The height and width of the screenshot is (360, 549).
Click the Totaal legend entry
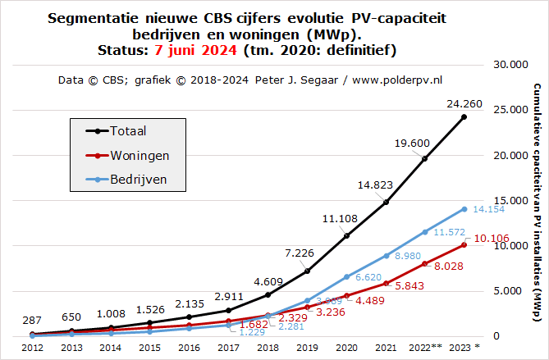tap(128, 130)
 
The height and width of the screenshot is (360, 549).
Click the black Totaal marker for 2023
tap(464, 117)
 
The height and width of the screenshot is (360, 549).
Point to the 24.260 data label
tap(463, 104)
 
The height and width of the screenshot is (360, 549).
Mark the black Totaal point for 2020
tap(346, 236)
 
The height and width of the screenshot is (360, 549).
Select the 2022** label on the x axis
tap(425, 347)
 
